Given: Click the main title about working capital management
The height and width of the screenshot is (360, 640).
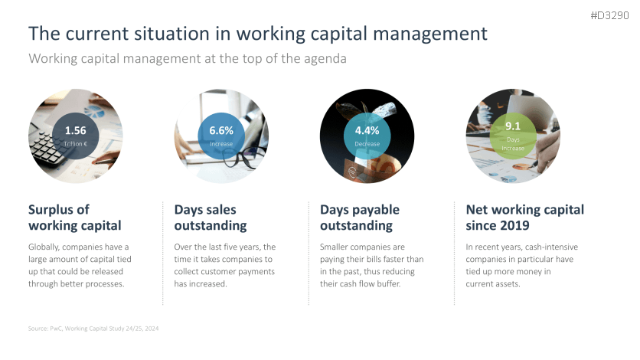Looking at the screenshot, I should click(x=257, y=34).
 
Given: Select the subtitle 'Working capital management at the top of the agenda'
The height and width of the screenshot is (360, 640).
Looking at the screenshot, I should click(x=188, y=58).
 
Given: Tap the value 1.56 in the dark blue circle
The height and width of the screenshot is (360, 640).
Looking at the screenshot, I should click(x=75, y=130).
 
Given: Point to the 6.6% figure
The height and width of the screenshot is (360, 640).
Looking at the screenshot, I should click(x=221, y=131).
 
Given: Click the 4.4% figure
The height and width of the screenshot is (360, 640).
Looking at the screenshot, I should click(x=367, y=131).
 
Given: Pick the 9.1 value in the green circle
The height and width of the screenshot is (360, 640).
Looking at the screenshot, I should click(x=514, y=126).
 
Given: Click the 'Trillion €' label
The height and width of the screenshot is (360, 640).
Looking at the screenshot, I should click(x=75, y=143).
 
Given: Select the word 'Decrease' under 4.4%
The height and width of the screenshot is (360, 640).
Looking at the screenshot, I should click(x=367, y=143).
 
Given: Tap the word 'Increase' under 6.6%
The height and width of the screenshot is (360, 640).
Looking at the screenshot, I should click(x=221, y=143).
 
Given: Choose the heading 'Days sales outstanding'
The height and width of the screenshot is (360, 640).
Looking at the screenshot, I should click(x=210, y=218).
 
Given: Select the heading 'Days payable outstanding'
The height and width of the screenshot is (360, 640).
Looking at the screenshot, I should click(x=360, y=218).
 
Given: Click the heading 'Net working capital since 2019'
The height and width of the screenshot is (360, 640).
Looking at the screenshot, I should click(x=524, y=218).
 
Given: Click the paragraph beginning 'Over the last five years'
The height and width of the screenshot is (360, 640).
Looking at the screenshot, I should click(x=224, y=265).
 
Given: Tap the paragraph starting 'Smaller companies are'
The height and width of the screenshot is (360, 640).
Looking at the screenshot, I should click(x=371, y=265).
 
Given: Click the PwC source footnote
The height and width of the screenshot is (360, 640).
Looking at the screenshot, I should click(x=93, y=328).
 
